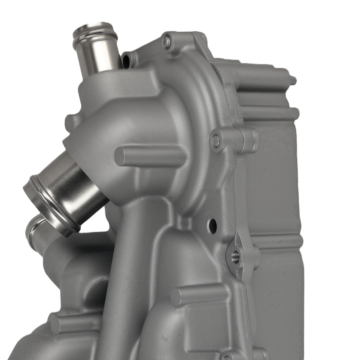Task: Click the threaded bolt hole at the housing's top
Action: pyautogui.click(x=167, y=40)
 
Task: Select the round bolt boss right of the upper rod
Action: pyautogui.click(x=216, y=141)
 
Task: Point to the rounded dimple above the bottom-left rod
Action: pyautogui.click(x=86, y=288)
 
